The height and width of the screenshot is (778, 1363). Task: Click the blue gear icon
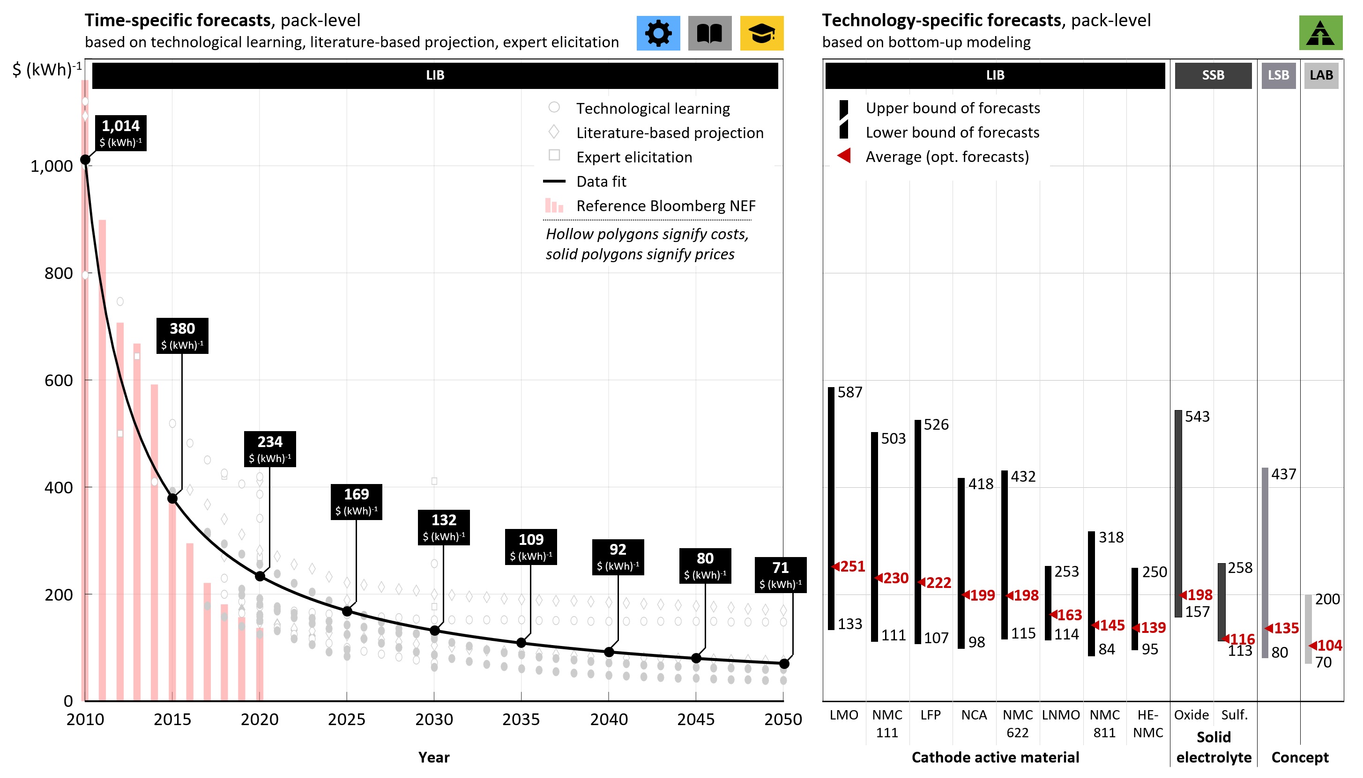pyautogui.click(x=658, y=33)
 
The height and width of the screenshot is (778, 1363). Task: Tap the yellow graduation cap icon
pyautogui.click(x=761, y=33)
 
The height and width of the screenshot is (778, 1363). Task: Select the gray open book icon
pyautogui.click(x=709, y=33)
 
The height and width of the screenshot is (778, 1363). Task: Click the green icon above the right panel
pyautogui.click(x=1320, y=33)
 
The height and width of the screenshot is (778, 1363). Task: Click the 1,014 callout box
pyautogui.click(x=121, y=132)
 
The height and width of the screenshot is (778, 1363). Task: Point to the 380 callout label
pyautogui.click(x=182, y=336)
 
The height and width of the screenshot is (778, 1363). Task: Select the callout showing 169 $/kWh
pyautogui.click(x=356, y=501)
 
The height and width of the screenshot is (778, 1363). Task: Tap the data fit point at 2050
pyautogui.click(x=784, y=664)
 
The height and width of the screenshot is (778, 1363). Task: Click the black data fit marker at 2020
pyautogui.click(x=260, y=576)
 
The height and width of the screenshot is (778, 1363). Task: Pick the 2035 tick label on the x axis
pyautogui.click(x=521, y=719)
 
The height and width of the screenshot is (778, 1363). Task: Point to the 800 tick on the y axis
pyautogui.click(x=59, y=273)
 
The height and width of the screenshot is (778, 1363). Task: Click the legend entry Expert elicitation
pyautogui.click(x=633, y=157)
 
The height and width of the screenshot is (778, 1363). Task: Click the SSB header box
pyautogui.click(x=1212, y=75)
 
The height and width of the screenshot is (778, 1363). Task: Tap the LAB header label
pyautogui.click(x=1320, y=75)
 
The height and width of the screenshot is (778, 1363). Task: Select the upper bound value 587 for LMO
pyautogui.click(x=849, y=392)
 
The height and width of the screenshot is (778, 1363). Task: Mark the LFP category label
pyautogui.click(x=930, y=715)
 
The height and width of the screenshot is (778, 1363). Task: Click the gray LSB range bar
pyautogui.click(x=1265, y=561)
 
